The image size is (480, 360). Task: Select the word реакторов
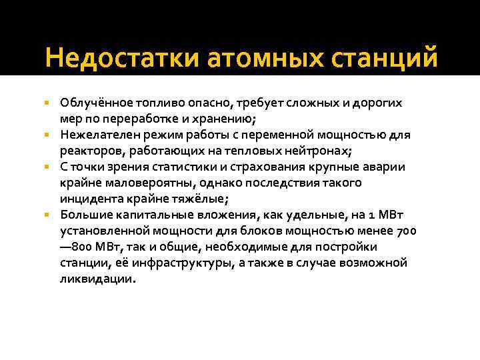pyautogui.click(x=87, y=151)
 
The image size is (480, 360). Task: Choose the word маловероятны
pyautogui.click(x=137, y=183)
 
